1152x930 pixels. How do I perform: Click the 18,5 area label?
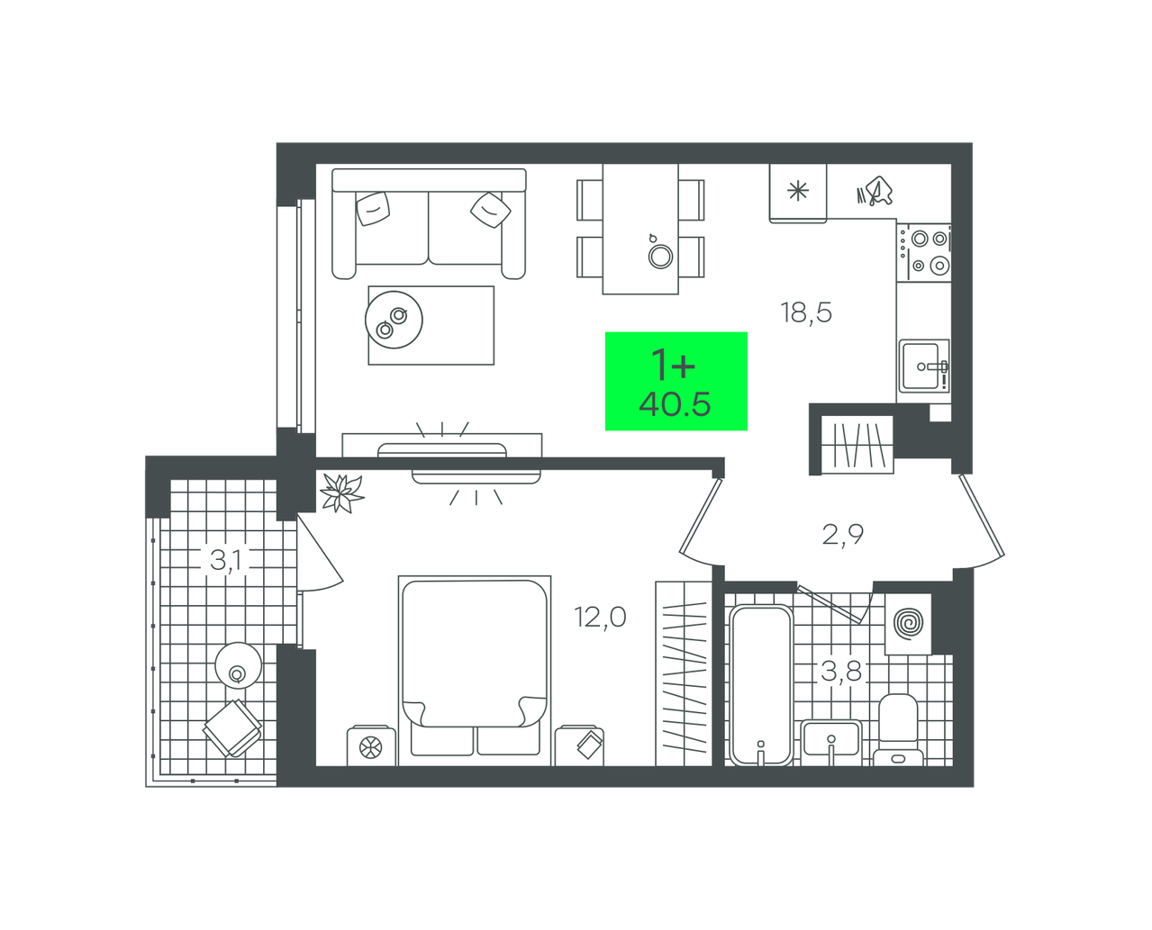tap(806, 313)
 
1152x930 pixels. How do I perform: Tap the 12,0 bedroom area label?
tap(600, 617)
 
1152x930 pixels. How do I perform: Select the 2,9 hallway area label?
tap(843, 535)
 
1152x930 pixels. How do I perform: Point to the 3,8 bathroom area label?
tap(841, 671)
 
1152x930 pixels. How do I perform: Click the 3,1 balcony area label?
tap(225, 560)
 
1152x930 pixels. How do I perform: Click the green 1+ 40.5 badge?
tap(676, 381)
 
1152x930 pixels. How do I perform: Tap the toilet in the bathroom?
tap(898, 730)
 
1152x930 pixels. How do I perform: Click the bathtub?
tap(761, 685)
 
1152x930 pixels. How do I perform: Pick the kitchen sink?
tap(924, 366)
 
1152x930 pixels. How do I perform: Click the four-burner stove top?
tap(924, 252)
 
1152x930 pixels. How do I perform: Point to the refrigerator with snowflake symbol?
tap(798, 193)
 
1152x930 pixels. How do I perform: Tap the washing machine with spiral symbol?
tap(908, 624)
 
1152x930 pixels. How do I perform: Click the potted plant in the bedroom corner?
tap(341, 492)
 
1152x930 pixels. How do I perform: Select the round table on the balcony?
tap(238, 665)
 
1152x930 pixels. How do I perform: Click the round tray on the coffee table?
tap(394, 321)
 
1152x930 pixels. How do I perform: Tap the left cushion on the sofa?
tap(373, 208)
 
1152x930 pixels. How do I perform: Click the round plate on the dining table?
tap(660, 257)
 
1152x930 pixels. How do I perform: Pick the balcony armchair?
tap(232, 728)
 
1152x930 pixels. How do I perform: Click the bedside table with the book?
tap(579, 745)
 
